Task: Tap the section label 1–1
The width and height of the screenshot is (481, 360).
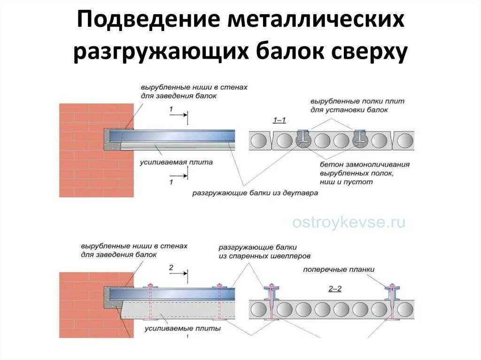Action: click(279, 121)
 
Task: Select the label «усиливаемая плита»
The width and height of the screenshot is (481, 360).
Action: click(176, 162)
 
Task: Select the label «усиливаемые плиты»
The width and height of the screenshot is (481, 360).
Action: click(183, 329)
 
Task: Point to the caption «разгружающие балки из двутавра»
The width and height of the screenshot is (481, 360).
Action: click(255, 193)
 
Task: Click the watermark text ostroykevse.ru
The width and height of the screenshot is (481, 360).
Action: click(348, 222)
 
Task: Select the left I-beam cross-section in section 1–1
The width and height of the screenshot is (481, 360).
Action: click(304, 138)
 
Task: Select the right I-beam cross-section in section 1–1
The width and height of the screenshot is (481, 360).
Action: click(361, 138)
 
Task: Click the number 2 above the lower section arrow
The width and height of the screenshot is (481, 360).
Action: click(171, 268)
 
